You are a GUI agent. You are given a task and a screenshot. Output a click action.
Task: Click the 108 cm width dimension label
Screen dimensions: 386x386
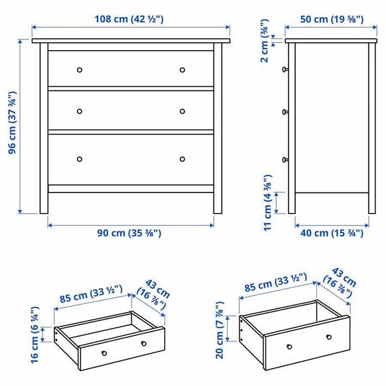click(130, 19)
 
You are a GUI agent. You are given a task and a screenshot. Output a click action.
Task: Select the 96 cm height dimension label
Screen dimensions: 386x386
click(12, 126)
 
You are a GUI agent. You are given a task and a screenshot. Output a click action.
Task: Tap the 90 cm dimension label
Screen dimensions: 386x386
click(130, 233)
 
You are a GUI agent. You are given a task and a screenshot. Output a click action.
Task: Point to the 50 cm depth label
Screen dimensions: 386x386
click(331, 19)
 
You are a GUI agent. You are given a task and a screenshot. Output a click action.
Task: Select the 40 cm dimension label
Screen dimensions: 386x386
click(331, 233)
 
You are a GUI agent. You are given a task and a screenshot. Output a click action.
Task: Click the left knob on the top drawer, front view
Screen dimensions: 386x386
click(79, 70)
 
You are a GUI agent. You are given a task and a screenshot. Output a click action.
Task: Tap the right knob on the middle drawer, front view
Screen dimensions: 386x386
click(183, 111)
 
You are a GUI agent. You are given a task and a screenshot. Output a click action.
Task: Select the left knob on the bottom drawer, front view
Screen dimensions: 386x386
click(79, 159)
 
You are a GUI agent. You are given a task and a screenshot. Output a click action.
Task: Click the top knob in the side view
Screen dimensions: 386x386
click(285, 69)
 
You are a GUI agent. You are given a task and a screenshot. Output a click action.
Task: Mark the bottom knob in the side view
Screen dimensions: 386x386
click(285, 159)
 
